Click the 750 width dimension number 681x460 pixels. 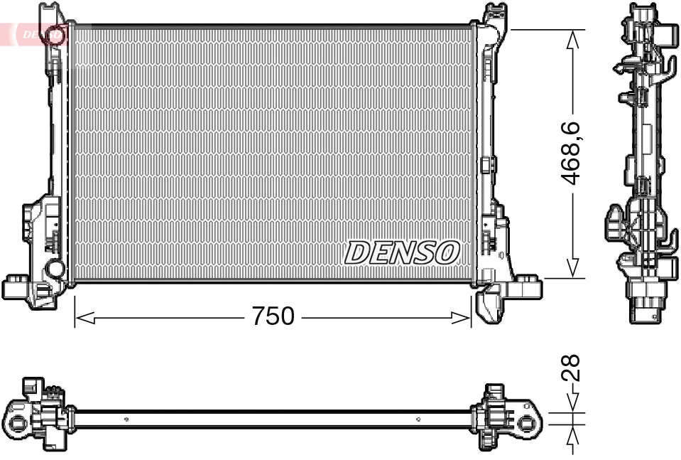[x=273, y=316]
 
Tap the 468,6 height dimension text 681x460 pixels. [x=572, y=154]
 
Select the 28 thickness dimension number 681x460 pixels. [x=572, y=369]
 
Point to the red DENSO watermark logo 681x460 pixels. [x=36, y=33]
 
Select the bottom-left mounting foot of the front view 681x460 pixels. [x=18, y=287]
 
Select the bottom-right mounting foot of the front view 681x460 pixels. [x=527, y=287]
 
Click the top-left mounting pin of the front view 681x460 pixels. [x=49, y=11]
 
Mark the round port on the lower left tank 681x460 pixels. [x=54, y=269]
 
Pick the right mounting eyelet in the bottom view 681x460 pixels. [x=527, y=424]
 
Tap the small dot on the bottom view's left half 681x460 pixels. [x=126, y=419]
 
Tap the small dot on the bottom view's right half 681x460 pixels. [x=421, y=419]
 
